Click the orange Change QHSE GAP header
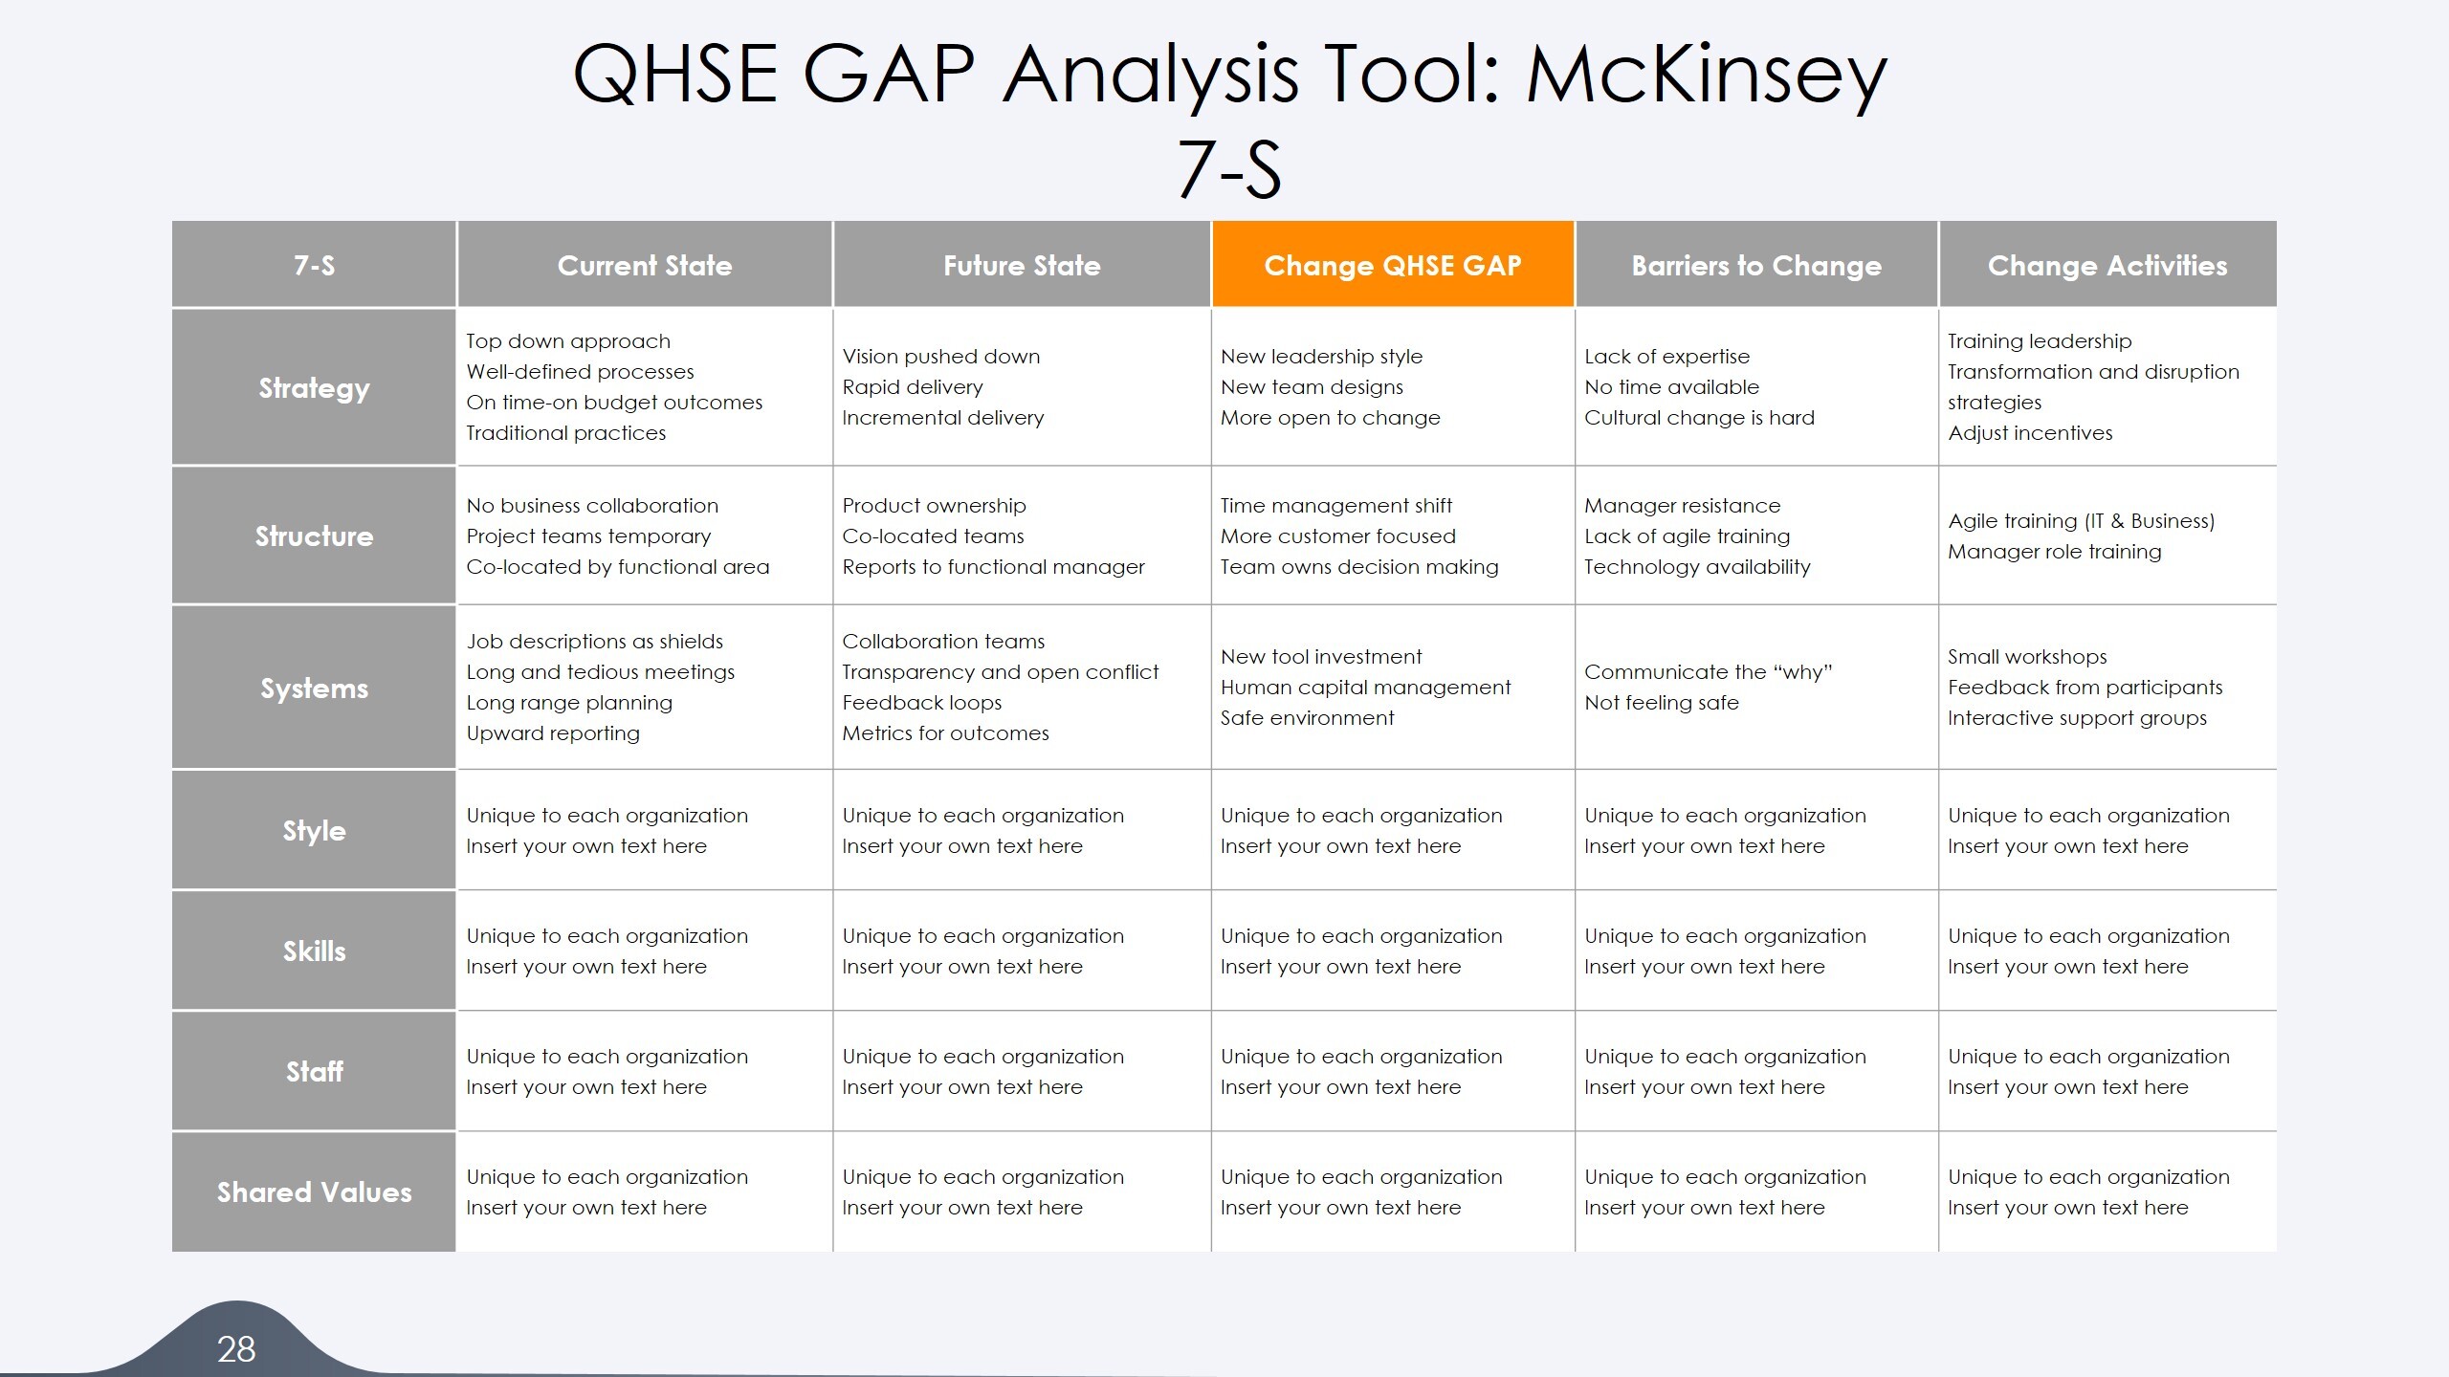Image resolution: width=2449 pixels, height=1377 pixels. (1392, 265)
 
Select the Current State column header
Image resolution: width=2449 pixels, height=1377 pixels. (644, 265)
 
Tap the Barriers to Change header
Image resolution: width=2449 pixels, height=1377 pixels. (1755, 265)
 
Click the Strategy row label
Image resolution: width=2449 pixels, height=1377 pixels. (314, 387)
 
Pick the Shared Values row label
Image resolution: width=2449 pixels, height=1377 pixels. (314, 1191)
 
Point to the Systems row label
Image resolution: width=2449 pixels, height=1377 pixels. (314, 688)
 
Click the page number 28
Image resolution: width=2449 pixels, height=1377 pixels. (235, 1348)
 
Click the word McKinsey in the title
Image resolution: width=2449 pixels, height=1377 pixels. (1706, 75)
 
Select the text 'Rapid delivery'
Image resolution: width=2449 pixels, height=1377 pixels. (912, 387)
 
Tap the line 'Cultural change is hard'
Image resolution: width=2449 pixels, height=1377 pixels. (1699, 418)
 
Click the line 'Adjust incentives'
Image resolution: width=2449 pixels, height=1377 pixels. (2030, 433)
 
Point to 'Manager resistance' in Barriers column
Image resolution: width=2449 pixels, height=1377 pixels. (1682, 506)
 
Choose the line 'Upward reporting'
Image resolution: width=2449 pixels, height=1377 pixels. (553, 733)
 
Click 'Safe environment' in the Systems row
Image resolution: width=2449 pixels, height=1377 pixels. (1307, 718)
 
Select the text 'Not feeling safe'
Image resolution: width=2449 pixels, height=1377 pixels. (1661, 703)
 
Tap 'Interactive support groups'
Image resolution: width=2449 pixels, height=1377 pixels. (2077, 718)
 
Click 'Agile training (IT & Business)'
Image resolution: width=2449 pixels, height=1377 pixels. (2081, 521)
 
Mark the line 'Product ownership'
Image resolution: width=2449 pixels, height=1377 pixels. (934, 506)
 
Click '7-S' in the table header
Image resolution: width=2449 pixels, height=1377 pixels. (314, 265)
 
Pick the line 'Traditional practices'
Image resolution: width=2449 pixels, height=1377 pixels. (565, 433)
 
